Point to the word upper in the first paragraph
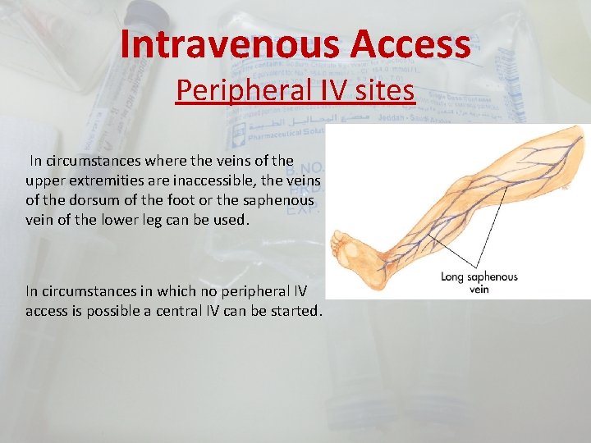[x=44, y=179]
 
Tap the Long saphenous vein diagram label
[x=479, y=282]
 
